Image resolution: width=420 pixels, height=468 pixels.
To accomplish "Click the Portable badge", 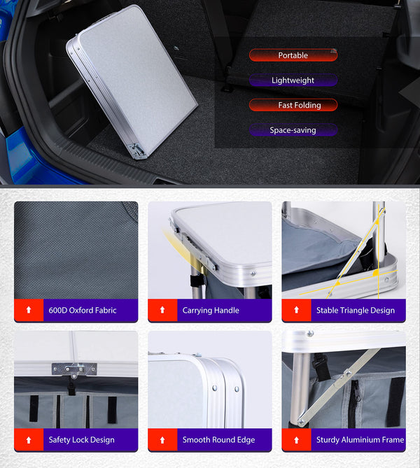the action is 293,55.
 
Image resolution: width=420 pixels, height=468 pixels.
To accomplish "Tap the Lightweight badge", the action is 293,80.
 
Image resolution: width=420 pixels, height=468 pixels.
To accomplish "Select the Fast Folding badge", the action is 293,105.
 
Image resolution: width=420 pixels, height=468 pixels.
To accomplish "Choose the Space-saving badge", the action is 293,130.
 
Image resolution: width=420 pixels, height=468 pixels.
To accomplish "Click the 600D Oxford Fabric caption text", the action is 83,311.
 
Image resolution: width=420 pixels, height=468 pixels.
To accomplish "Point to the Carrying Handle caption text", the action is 211,311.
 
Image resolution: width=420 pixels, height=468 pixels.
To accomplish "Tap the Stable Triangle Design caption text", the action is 356,311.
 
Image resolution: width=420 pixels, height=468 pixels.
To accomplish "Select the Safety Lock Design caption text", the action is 82,440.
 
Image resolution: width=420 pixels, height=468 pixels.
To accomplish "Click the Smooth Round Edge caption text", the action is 218,440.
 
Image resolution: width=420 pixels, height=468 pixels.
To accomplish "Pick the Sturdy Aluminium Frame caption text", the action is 360,440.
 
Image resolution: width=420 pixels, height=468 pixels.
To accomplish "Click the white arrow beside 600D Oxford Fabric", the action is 29,310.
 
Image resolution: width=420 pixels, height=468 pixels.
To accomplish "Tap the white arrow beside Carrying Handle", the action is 162,310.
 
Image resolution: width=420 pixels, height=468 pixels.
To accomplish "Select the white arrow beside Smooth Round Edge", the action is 162,440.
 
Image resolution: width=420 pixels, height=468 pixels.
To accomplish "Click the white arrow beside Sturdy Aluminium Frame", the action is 296,440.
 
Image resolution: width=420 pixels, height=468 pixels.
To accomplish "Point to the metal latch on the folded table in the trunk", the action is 136,150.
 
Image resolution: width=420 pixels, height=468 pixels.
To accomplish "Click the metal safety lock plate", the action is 74,369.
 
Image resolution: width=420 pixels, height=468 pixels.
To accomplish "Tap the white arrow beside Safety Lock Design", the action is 29,440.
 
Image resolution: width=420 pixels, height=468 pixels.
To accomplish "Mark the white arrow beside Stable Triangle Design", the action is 296,310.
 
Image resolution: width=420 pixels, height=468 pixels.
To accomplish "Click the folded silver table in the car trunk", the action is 132,80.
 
